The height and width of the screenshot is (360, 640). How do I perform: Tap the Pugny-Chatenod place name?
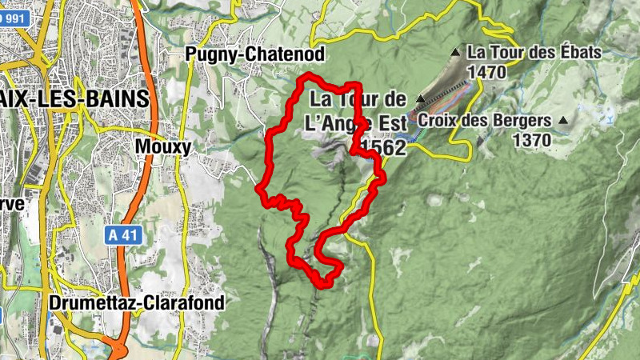[x=254, y=54]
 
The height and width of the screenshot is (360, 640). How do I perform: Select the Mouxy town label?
[x=163, y=147]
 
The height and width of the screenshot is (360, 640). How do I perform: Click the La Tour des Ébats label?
[x=534, y=52]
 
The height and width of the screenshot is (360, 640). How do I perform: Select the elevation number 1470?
[x=488, y=72]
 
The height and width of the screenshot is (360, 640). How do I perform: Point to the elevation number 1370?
[x=532, y=140]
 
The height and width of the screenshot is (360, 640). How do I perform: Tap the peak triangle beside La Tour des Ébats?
[x=456, y=53]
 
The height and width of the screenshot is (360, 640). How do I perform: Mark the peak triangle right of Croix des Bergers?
[x=564, y=121]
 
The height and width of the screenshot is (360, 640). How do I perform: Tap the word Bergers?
[x=525, y=121]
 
